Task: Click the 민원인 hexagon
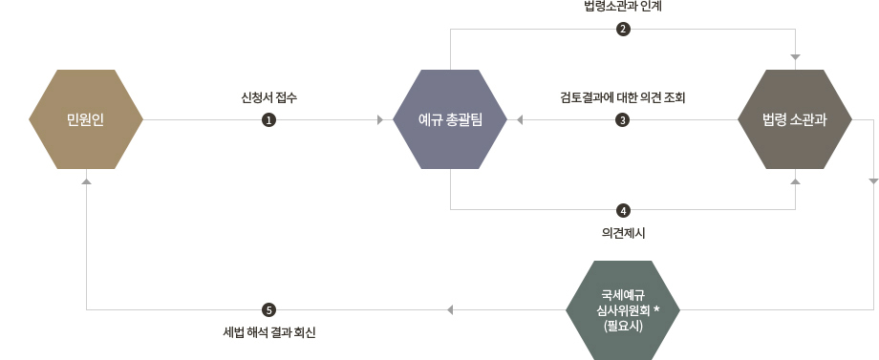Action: click(x=86, y=119)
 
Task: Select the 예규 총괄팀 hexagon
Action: click(x=450, y=119)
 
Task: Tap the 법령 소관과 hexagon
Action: click(x=794, y=119)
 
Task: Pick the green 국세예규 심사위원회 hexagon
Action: click(x=623, y=309)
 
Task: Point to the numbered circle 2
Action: click(x=623, y=29)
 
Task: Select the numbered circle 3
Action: click(x=623, y=120)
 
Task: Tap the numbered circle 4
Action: click(x=623, y=209)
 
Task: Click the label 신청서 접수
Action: click(x=269, y=96)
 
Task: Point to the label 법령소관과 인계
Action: click(x=622, y=8)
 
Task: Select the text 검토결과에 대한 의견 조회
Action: click(x=623, y=96)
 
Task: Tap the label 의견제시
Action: click(x=623, y=232)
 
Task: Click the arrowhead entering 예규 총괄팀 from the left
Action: click(x=380, y=120)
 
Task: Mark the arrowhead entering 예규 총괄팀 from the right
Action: click(x=521, y=120)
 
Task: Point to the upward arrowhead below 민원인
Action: click(x=86, y=180)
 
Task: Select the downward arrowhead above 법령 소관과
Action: click(x=795, y=57)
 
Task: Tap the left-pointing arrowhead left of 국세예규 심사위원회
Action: click(x=451, y=309)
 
